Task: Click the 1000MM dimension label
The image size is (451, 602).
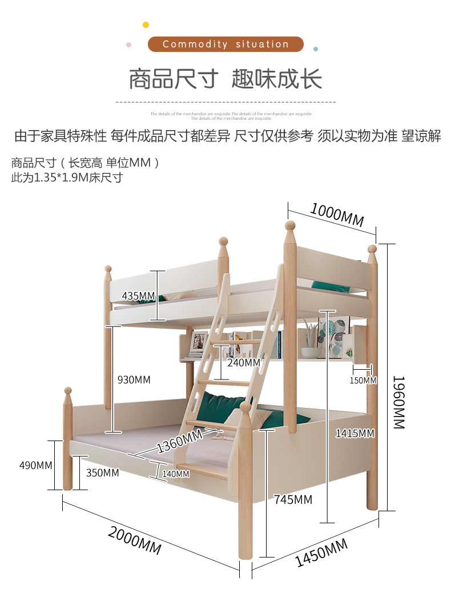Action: [x=337, y=215]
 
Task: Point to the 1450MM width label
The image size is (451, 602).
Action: [x=321, y=552]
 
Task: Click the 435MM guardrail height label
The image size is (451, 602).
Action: [x=138, y=296]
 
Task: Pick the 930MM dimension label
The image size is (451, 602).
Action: [x=134, y=379]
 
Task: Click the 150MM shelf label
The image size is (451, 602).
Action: [x=363, y=380]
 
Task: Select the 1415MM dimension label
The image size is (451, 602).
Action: [x=355, y=433]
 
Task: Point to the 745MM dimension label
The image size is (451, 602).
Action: [x=293, y=500]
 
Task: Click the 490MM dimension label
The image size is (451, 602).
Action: [x=36, y=465]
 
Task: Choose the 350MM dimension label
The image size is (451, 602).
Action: [x=103, y=472]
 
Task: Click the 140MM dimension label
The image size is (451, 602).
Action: [x=175, y=474]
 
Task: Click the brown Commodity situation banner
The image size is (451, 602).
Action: [x=226, y=44]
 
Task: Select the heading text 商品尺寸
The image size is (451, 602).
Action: [x=173, y=79]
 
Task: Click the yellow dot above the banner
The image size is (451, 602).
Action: [x=146, y=25]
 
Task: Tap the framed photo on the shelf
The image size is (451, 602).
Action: [x=199, y=341]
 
